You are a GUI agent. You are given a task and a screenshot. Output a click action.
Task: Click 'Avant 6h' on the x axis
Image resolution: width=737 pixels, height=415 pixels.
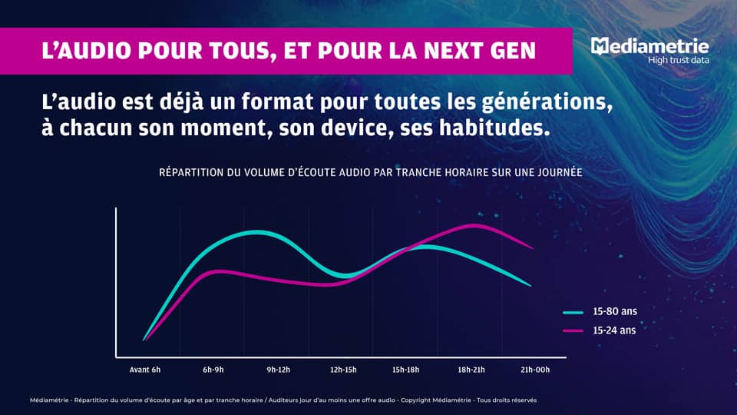tap(144, 370)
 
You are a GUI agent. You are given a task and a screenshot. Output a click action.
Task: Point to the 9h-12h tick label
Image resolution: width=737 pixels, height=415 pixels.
tap(278, 370)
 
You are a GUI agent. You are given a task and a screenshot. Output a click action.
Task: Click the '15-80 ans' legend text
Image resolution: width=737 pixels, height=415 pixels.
tap(615, 312)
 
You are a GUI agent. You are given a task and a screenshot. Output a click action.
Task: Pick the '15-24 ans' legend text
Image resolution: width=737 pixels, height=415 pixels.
tap(615, 330)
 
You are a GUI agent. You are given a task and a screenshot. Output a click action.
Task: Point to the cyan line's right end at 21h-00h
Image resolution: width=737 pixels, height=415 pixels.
tap(530, 286)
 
